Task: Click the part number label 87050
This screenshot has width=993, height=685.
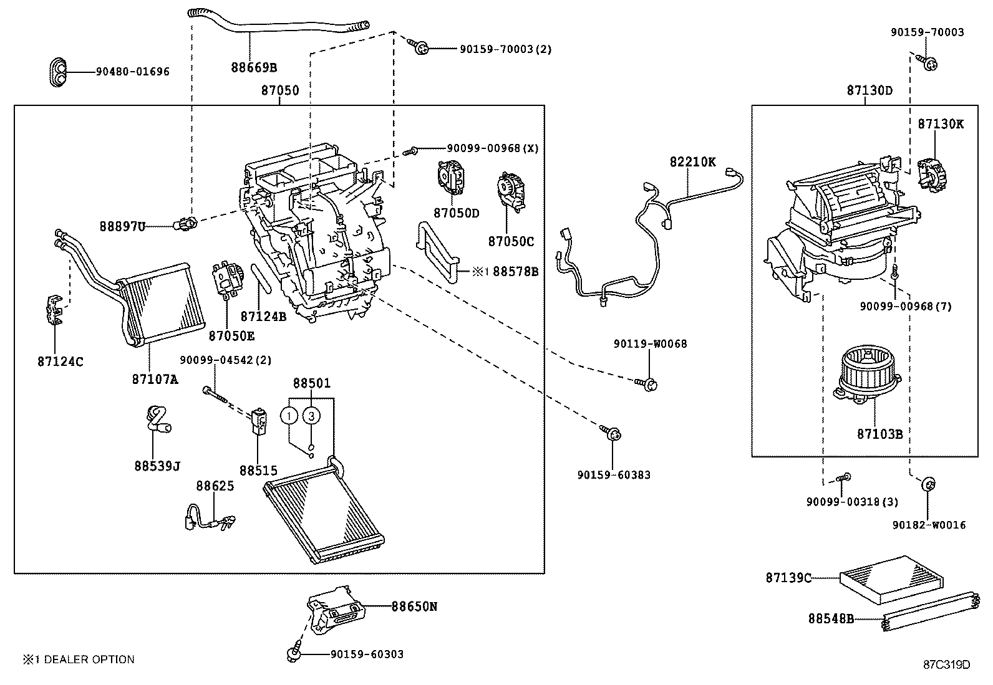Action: pos(279,90)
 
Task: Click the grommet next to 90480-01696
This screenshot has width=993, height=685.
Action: pos(58,71)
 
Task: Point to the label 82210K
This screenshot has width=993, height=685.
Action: pos(692,161)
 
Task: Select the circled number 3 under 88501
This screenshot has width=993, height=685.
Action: pos(312,415)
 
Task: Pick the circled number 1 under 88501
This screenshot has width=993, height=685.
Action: pos(289,415)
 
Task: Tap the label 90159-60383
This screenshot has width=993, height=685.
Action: pos(614,475)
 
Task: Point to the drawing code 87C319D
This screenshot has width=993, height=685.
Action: pos(946,664)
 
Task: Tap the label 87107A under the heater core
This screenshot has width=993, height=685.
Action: pos(155,378)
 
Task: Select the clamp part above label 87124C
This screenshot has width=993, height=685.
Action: pos(56,310)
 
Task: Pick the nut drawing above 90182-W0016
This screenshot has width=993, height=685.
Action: pos(928,484)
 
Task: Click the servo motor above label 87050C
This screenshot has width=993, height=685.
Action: pos(510,192)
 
